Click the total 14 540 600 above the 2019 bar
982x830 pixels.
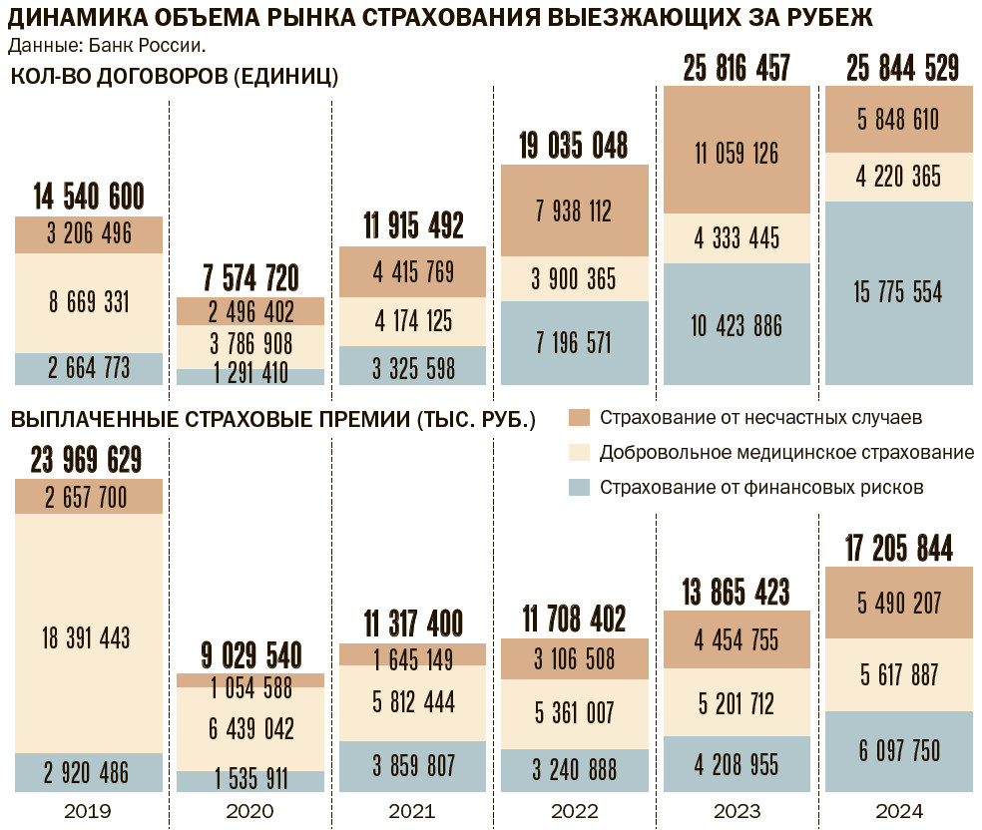(89, 196)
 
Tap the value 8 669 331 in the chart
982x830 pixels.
(89, 302)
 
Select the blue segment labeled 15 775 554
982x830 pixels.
(898, 292)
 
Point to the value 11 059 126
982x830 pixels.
(736, 154)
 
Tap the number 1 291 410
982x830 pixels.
(250, 375)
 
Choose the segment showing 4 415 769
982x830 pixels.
(412, 271)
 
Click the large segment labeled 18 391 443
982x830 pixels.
(89, 636)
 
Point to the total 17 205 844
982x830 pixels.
(898, 548)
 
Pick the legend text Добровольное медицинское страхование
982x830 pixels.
(786, 452)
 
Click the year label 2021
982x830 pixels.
(412, 810)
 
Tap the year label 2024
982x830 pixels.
(898, 810)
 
